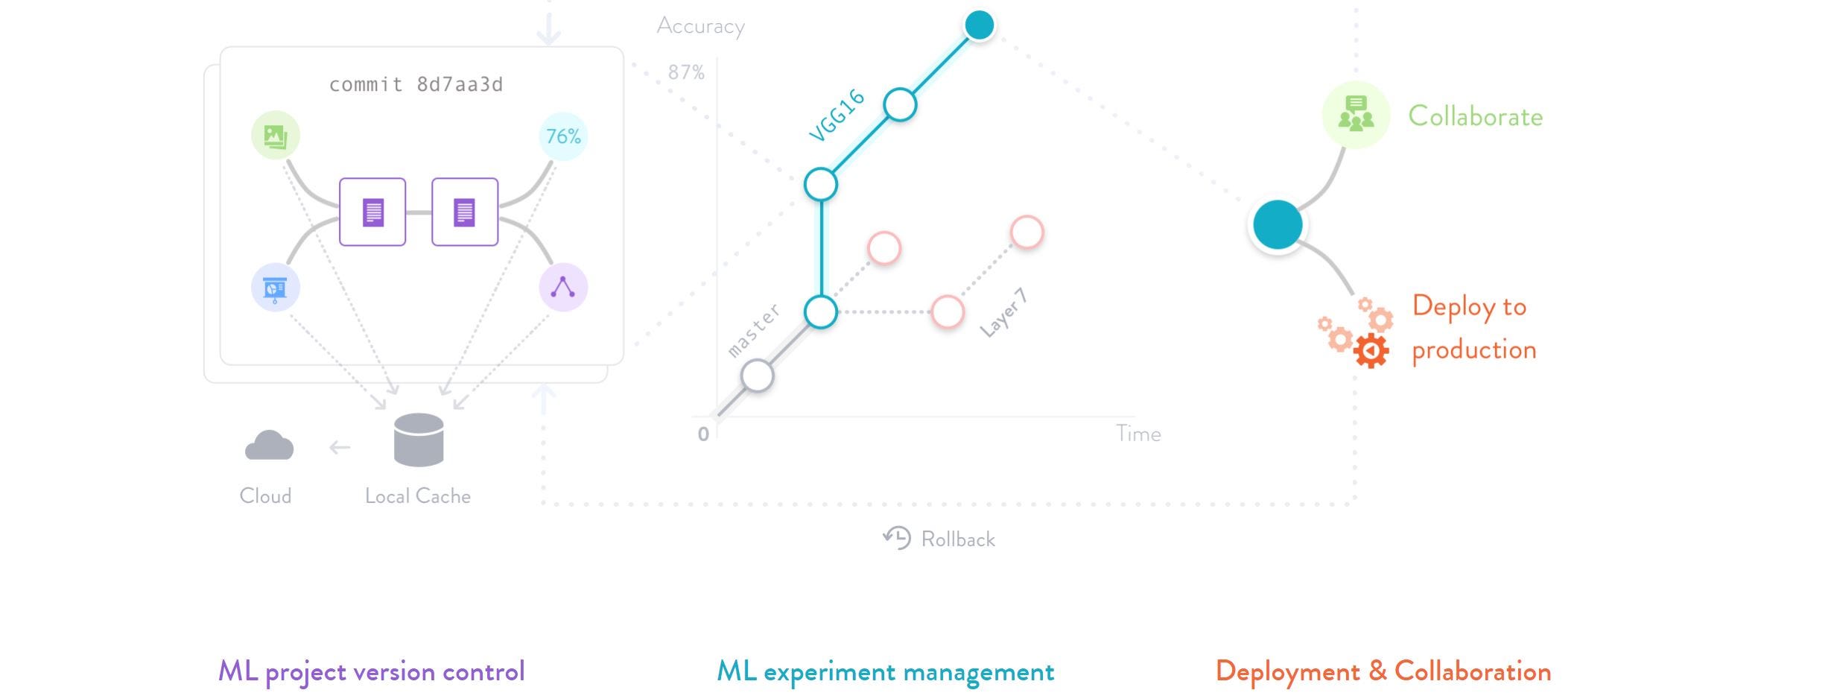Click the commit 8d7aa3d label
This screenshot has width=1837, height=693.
[x=416, y=85]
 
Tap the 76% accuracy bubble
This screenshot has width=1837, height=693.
[x=563, y=136]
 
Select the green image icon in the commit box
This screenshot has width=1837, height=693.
[x=276, y=136]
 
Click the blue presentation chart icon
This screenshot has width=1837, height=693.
[x=276, y=288]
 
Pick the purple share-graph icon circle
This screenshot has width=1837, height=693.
[x=563, y=288]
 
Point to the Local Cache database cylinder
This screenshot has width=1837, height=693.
[x=419, y=440]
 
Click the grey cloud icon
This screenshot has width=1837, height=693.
[x=269, y=446]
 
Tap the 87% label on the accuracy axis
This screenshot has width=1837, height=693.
[x=686, y=72]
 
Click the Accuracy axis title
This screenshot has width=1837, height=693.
[x=700, y=26]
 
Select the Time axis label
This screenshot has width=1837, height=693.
[x=1138, y=434]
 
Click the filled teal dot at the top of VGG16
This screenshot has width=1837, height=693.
[x=979, y=25]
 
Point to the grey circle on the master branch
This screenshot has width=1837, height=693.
[x=758, y=376]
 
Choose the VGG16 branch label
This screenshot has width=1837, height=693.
[x=837, y=115]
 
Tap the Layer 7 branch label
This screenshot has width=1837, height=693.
[x=1003, y=313]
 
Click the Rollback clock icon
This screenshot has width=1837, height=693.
[x=897, y=537]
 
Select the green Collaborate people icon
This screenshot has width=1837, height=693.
[x=1356, y=115]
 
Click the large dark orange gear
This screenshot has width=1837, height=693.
[x=1371, y=351]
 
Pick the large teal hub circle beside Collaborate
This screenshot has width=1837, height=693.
[x=1278, y=224]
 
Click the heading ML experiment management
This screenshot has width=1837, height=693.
[x=885, y=671]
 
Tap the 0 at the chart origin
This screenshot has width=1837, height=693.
[x=703, y=434]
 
